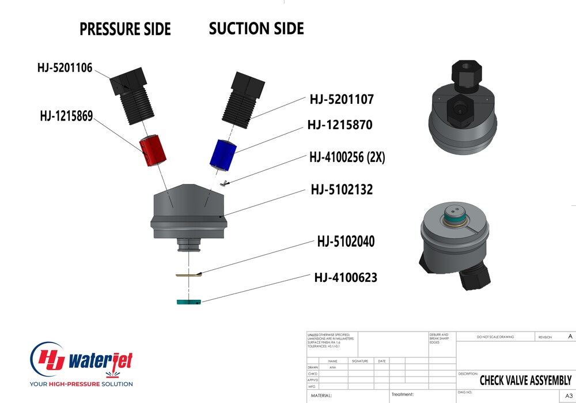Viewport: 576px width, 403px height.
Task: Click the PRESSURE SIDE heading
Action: point(125,29)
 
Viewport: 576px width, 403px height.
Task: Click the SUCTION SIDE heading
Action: point(256,28)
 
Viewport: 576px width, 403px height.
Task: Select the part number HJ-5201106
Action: point(65,68)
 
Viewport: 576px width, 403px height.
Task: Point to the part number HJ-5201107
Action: point(342,100)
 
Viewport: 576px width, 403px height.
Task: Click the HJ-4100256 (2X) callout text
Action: point(347,157)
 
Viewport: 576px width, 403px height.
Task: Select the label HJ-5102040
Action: point(346,242)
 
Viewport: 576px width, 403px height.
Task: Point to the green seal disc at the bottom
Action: point(188,302)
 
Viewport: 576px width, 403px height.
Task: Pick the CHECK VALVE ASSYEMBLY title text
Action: point(525,381)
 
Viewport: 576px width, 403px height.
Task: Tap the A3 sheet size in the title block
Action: point(569,396)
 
